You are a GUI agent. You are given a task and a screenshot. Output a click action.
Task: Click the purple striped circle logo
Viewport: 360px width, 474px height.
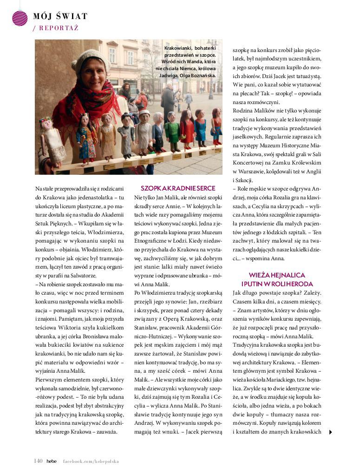pos(20,18)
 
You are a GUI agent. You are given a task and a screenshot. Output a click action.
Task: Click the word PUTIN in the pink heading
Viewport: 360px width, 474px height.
pos(260,283)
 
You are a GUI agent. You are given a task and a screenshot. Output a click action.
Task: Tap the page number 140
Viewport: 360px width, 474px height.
pos(38,461)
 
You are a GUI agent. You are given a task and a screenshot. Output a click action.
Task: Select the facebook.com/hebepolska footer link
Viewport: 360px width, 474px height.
pos(91,461)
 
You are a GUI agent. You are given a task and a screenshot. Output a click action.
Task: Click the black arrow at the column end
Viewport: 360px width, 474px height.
pos(330,432)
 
